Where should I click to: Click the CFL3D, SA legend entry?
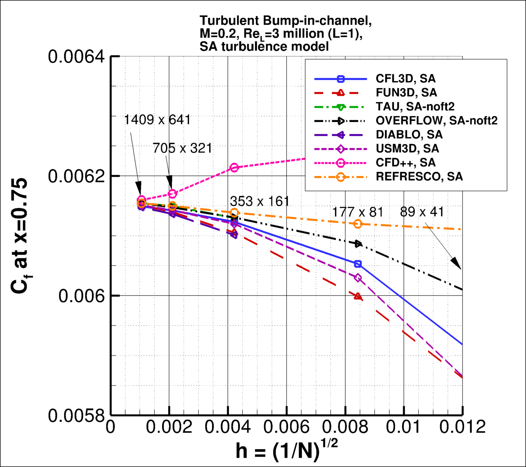[x=405, y=79]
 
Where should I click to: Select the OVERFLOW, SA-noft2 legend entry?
[x=436, y=120]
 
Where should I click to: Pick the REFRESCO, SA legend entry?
[x=419, y=176]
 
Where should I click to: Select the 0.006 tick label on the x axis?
[x=286, y=427]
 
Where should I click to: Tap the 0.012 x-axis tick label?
[x=462, y=427]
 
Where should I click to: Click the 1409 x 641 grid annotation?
[x=157, y=119]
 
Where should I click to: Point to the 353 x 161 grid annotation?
[x=260, y=201]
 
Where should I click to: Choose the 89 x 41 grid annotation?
[x=422, y=212]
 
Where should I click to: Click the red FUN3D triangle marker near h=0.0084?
[x=358, y=297]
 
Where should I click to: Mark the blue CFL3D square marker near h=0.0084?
[x=358, y=264]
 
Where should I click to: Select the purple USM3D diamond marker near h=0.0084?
[x=358, y=277]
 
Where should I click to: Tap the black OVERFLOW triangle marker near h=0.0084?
[x=359, y=244]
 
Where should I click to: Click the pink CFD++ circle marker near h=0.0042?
[x=234, y=168]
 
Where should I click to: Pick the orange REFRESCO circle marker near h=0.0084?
[x=358, y=224]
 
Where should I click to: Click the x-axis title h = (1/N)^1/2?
[x=287, y=449]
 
